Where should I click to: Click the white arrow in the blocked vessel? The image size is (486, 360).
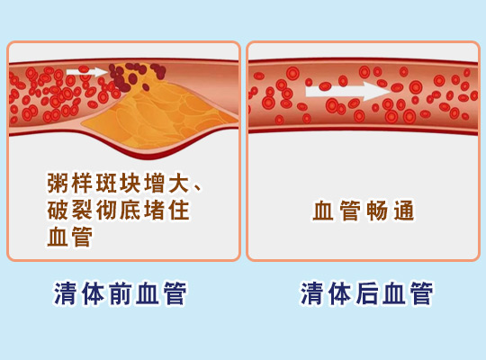tap(86, 72)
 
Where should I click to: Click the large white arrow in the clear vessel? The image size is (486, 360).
tap(347, 91)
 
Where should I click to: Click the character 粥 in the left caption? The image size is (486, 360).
tap(58, 184)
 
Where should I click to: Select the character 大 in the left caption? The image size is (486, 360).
tap(179, 184)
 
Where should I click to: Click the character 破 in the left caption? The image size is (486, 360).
tap(58, 210)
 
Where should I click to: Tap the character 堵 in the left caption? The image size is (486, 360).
tap(155, 210)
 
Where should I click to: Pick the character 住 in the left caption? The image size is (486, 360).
tap(179, 210)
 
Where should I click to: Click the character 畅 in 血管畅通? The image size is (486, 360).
tap(376, 211)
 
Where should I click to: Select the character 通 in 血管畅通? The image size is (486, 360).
tap(404, 211)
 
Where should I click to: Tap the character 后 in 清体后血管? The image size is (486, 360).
tap(367, 293)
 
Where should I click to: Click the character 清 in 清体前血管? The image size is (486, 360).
tap(65, 293)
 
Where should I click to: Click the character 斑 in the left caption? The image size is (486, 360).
tap(106, 184)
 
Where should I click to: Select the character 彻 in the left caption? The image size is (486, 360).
tap(106, 210)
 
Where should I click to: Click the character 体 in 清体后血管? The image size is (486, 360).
tap(339, 293)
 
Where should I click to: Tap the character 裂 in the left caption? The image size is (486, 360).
tap(82, 210)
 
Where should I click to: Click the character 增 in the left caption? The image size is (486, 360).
tap(155, 184)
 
